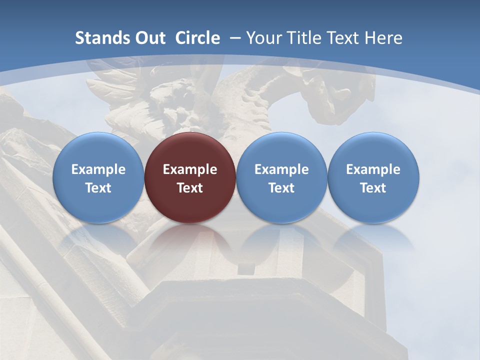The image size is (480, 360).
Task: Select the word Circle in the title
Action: tap(197, 38)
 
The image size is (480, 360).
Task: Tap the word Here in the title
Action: tap(384, 38)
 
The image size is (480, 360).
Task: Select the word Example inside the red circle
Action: tap(190, 169)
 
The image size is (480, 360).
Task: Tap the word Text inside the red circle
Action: tap(190, 188)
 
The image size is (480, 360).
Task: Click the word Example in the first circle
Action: tap(98, 169)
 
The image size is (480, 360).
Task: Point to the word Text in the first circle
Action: tap(98, 188)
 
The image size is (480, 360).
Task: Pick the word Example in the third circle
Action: tap(281, 169)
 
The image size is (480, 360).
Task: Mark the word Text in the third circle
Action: tap(281, 188)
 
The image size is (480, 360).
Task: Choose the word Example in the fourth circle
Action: tap(373, 169)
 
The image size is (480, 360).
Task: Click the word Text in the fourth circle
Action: tap(373, 188)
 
